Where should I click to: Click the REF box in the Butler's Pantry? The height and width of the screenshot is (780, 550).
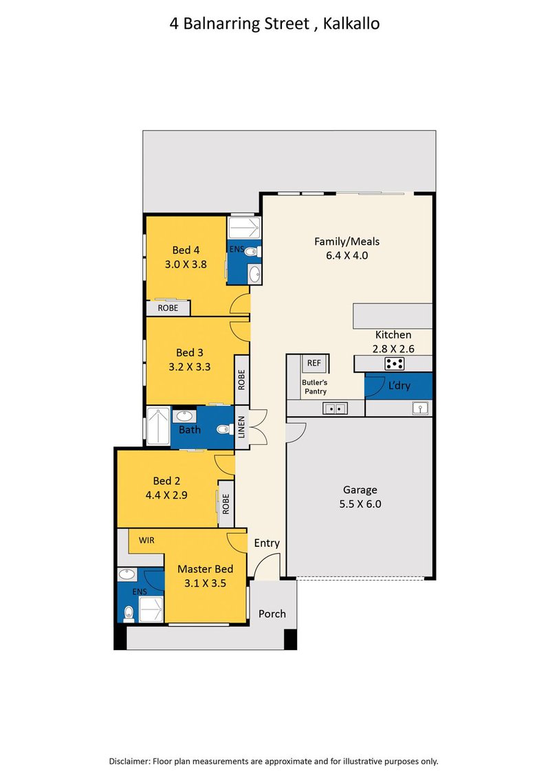(313, 363)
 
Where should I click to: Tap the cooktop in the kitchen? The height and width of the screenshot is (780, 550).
(395, 364)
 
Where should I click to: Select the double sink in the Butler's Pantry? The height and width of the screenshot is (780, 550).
(335, 409)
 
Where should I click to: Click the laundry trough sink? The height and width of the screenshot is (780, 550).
(420, 409)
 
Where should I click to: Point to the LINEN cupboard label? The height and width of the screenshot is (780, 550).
(242, 427)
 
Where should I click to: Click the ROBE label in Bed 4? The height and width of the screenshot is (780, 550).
(168, 308)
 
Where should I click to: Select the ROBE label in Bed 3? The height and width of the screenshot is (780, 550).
(242, 380)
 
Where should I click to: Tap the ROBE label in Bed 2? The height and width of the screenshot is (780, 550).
(225, 504)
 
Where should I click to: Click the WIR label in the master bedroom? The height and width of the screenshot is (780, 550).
(146, 540)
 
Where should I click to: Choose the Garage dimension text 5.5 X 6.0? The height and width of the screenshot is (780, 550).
(360, 504)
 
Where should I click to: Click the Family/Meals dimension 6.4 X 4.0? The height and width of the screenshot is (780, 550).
(346, 256)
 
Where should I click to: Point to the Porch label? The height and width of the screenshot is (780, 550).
(272, 614)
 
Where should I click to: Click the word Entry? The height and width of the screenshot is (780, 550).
(267, 543)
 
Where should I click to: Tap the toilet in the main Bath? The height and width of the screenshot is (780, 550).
(223, 429)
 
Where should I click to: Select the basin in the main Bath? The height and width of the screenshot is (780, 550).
(184, 416)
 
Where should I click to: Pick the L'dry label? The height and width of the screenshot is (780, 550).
(399, 385)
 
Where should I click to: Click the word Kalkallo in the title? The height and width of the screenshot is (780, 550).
(351, 23)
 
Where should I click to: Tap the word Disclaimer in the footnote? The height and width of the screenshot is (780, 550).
(129, 761)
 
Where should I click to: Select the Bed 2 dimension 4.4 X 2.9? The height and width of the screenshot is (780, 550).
(166, 495)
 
